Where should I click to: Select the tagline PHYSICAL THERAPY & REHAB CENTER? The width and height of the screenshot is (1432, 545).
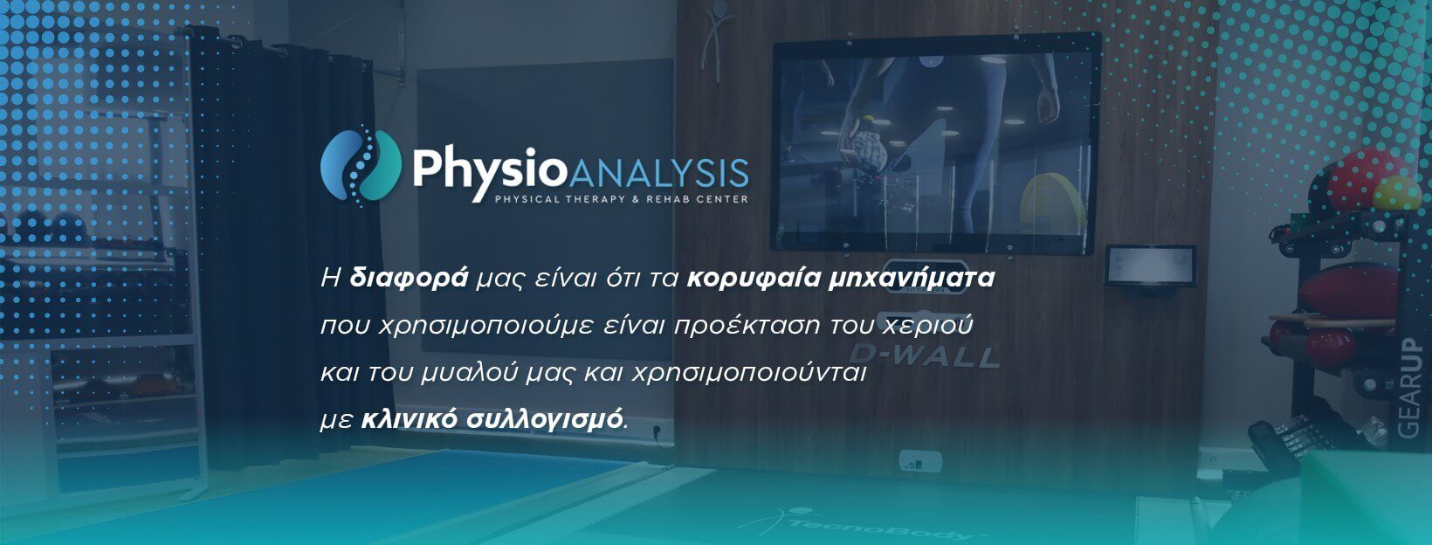622,199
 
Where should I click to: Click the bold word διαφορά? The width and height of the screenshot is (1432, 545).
410,279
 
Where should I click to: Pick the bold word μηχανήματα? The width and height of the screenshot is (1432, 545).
912,279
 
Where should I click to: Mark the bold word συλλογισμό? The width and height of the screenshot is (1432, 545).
544,420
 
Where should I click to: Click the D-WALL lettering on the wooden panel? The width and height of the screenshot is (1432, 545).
924,355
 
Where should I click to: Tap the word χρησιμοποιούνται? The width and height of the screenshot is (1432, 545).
749,373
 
